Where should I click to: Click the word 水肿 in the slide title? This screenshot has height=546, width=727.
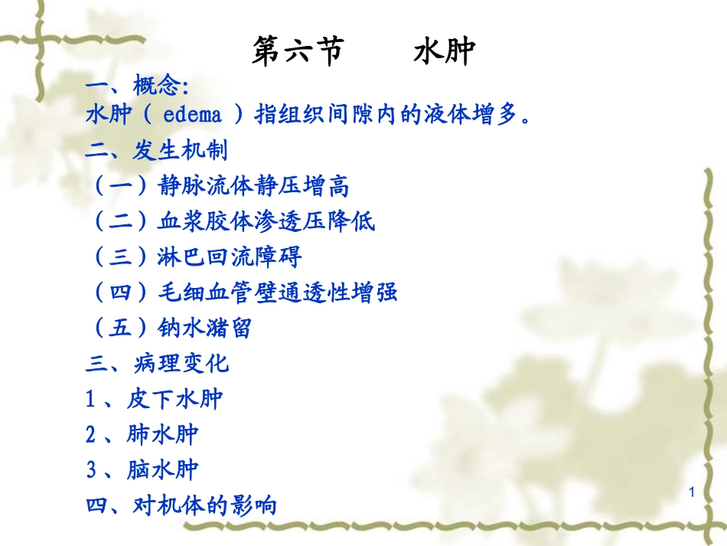[x=444, y=52]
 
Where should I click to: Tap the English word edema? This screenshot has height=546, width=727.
[x=193, y=115]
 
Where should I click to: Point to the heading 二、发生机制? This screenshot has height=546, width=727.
[x=157, y=150]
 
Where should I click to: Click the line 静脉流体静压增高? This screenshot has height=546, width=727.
[x=253, y=185]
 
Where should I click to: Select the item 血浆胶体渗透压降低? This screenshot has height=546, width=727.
[x=267, y=221]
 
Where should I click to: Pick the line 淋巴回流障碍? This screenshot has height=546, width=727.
[x=230, y=257]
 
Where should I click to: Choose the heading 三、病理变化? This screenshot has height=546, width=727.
[x=157, y=363]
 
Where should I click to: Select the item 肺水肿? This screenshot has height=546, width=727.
[x=163, y=434]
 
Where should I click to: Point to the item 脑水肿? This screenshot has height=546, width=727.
[x=163, y=469]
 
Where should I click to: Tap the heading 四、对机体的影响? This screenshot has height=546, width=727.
[x=181, y=505]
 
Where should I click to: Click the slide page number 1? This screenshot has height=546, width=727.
[x=692, y=494]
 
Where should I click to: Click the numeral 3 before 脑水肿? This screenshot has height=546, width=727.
[x=91, y=469]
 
